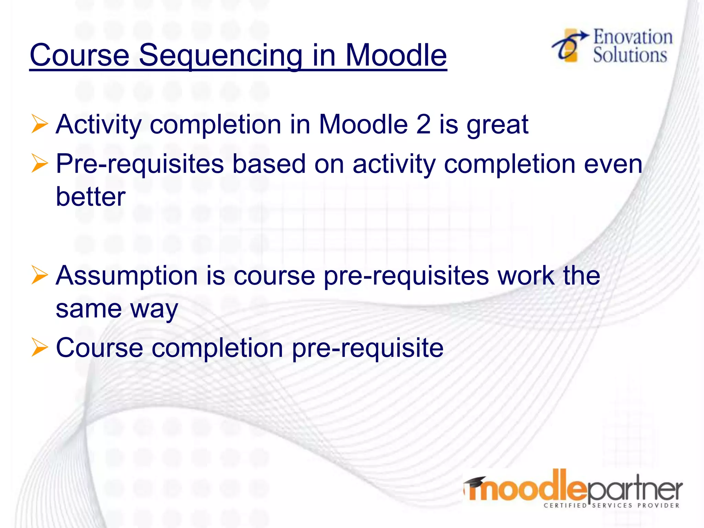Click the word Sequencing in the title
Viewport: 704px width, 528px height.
(x=220, y=56)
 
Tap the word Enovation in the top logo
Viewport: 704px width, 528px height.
(x=633, y=37)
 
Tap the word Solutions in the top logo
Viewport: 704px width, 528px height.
(x=630, y=55)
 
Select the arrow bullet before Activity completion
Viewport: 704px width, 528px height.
(x=39, y=124)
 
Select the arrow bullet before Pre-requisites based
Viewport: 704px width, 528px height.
(x=39, y=163)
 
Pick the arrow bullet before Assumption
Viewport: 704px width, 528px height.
(x=39, y=275)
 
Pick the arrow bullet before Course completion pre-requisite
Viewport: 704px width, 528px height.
(x=39, y=347)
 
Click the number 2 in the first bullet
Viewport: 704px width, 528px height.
(x=423, y=124)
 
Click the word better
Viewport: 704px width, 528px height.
(x=91, y=197)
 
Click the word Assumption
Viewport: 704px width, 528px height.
(x=126, y=276)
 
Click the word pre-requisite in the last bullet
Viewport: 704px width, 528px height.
(x=367, y=348)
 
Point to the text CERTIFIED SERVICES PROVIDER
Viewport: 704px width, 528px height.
(x=612, y=505)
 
